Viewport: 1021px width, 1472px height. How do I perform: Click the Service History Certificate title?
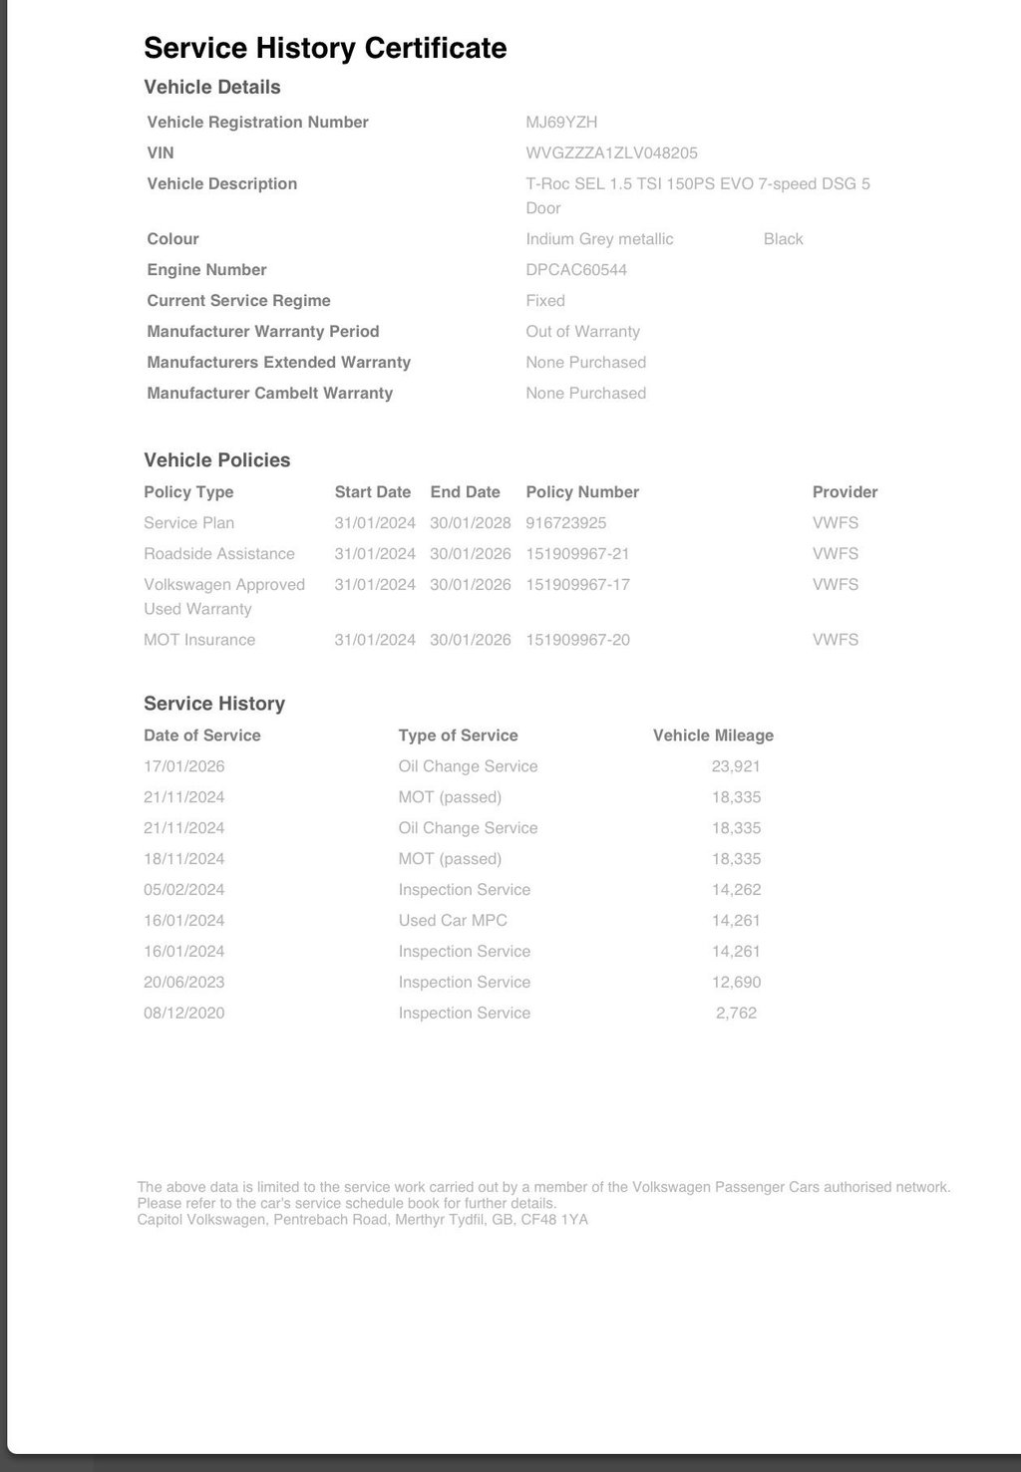325,48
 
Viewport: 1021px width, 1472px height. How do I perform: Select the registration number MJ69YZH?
561,123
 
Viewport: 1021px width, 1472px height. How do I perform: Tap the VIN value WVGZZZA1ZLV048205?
611,153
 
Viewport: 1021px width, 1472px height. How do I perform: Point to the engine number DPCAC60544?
576,270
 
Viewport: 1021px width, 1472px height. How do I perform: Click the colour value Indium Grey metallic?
599,239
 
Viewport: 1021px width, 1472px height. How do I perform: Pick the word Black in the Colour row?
783,239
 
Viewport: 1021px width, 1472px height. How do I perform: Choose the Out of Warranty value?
582,332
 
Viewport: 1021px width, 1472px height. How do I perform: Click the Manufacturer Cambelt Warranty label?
269,394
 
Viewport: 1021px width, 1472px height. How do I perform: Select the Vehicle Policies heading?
216,460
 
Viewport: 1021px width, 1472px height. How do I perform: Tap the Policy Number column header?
582,492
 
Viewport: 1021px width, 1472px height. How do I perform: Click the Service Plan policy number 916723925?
565,523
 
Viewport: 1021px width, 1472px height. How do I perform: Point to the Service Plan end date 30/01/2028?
470,523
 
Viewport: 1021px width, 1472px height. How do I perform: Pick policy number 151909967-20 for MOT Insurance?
577,640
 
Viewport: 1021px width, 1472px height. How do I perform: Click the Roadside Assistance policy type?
218,554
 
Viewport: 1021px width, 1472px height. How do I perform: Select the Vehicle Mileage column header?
713,736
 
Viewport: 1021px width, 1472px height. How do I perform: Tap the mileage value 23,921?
736,766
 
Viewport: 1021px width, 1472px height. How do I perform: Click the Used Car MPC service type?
453,921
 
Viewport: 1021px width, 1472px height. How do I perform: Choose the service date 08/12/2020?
183,1014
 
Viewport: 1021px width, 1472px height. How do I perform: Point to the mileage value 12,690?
736,983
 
